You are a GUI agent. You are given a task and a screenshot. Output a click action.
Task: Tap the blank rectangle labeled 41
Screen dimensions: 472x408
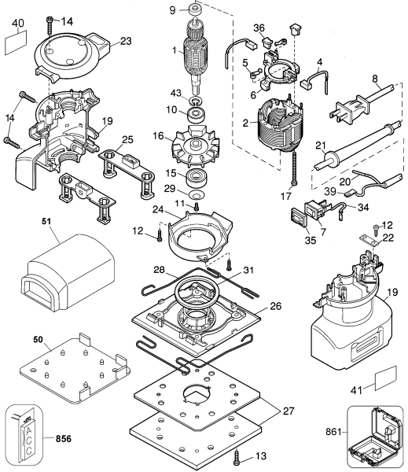380,384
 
